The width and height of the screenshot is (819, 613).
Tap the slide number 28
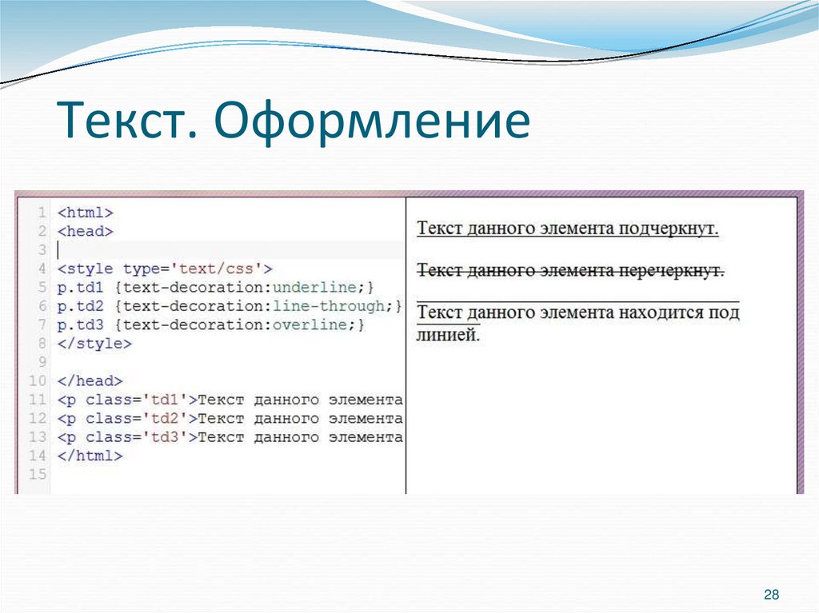pyautogui.click(x=772, y=594)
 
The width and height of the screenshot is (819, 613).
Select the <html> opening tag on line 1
pyautogui.click(x=86, y=213)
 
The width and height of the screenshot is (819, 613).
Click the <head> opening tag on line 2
pyautogui.click(x=86, y=232)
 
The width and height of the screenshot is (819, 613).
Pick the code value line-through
pyautogui.click(x=329, y=306)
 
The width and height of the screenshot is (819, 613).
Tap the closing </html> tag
pyautogui.click(x=90, y=456)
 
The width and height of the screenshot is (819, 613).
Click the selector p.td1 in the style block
pyautogui.click(x=81, y=287)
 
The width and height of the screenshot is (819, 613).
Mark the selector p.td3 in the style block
pyautogui.click(x=81, y=325)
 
